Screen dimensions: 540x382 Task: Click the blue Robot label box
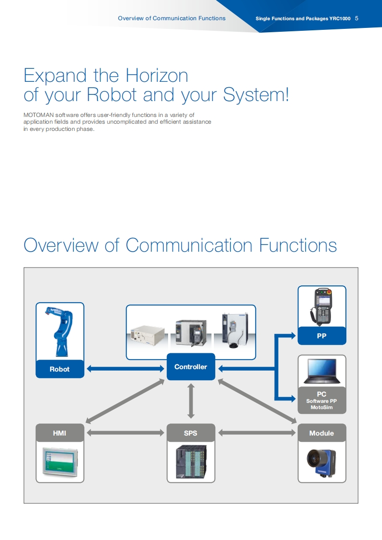click(x=60, y=369)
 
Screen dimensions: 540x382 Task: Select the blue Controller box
click(x=191, y=367)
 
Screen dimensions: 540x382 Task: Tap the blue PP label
click(x=321, y=336)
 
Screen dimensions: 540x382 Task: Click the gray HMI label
click(x=60, y=433)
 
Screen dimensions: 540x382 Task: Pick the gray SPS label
click(x=191, y=433)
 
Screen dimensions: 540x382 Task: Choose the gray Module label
click(x=321, y=433)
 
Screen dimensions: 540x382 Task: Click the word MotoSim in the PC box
click(x=321, y=408)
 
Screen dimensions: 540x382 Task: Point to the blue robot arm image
click(x=60, y=331)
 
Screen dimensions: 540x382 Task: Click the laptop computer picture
click(x=321, y=372)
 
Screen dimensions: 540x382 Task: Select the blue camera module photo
click(x=321, y=462)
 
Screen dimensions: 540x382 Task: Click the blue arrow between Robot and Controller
click(x=125, y=369)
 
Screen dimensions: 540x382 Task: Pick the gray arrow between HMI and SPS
click(x=125, y=433)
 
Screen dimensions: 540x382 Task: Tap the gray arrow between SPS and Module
click(x=256, y=433)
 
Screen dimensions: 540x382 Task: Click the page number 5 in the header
click(x=356, y=18)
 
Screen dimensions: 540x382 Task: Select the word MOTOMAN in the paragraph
click(x=39, y=115)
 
